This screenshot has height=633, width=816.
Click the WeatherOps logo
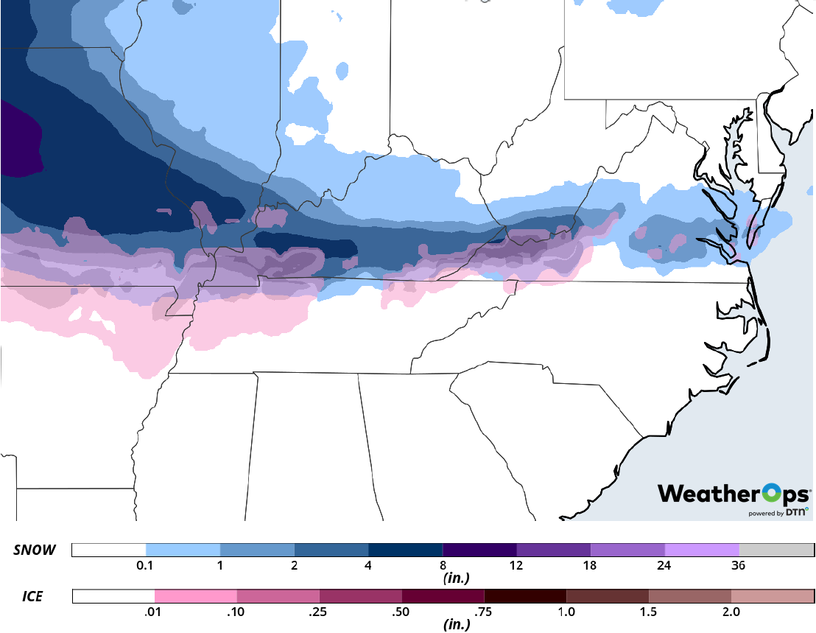(734, 494)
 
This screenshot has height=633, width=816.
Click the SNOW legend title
(34, 550)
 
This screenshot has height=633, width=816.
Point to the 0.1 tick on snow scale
(146, 566)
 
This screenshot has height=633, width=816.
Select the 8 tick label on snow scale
(443, 566)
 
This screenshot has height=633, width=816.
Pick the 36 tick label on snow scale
(739, 566)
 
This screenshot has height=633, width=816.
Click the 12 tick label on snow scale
(516, 566)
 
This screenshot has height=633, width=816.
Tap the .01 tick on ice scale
(155, 611)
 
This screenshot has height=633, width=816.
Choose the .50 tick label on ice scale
(402, 611)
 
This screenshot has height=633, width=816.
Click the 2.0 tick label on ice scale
(731, 611)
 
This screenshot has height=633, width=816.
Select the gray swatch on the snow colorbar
(776, 550)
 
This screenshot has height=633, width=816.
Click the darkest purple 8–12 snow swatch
(479, 550)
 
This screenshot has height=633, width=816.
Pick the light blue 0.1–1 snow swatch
(183, 550)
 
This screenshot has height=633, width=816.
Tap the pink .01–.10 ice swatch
(196, 595)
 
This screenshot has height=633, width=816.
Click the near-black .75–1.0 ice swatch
(525, 595)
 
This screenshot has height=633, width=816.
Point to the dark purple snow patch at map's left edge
(18, 140)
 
